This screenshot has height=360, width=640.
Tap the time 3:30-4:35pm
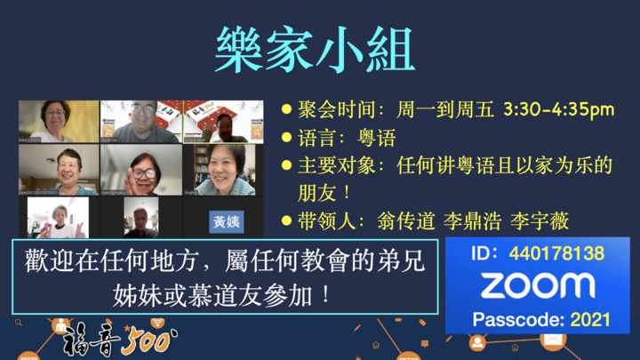pyautogui.click(x=558, y=110)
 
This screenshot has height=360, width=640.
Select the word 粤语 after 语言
pyautogui.click(x=377, y=138)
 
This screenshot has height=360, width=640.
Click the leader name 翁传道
pyautogui.click(x=403, y=220)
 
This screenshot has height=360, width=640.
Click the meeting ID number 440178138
pyautogui.click(x=556, y=253)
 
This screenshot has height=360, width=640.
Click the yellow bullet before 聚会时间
pyautogui.click(x=286, y=110)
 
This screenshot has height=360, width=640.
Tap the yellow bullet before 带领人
pyautogui.click(x=286, y=220)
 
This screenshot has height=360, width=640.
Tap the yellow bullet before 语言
pyautogui.click(x=286, y=138)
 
